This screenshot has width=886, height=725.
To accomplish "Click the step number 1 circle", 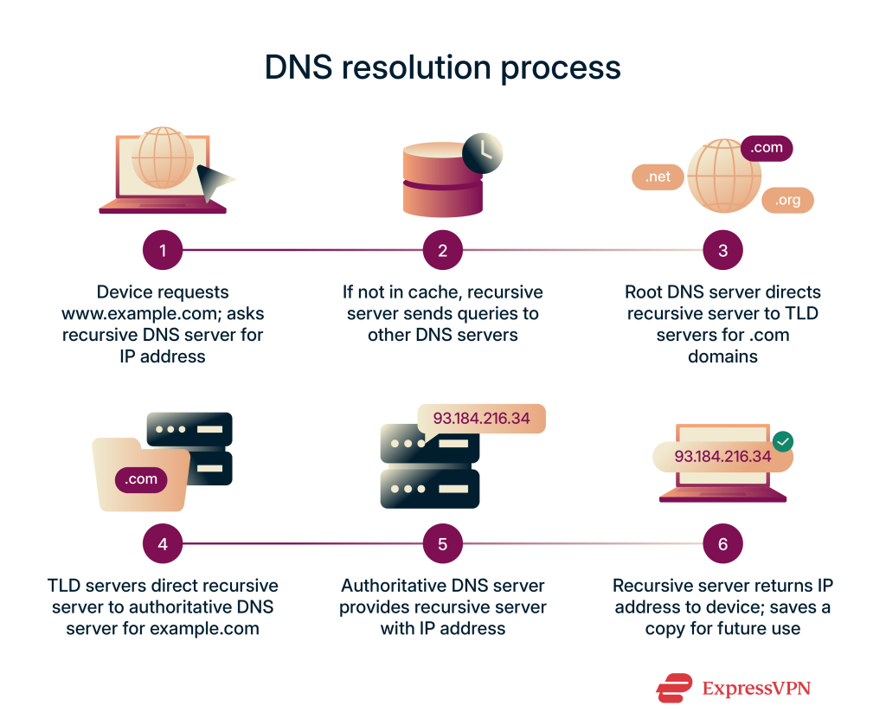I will (163, 251).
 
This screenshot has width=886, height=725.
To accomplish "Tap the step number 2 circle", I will (443, 251).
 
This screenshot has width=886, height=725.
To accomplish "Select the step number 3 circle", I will (723, 251).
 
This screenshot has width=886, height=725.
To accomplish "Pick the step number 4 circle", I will (163, 544).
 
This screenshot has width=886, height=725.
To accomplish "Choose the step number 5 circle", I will (443, 544).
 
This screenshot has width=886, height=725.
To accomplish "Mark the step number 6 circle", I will (723, 544).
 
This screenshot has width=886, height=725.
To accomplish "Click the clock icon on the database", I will (482, 153).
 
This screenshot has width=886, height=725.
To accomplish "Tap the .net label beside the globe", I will (658, 176).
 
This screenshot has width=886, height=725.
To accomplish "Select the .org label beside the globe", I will (787, 200).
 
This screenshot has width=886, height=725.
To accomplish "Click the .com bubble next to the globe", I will (767, 148).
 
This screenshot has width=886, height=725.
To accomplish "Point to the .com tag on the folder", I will (141, 478).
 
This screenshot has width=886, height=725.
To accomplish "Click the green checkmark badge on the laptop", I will (783, 441).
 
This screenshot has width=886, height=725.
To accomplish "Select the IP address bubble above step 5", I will (481, 419).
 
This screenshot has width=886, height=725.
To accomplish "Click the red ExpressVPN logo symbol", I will (674, 688).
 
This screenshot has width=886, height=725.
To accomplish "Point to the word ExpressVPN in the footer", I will (756, 689).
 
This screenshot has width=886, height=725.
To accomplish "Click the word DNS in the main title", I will (298, 67).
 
